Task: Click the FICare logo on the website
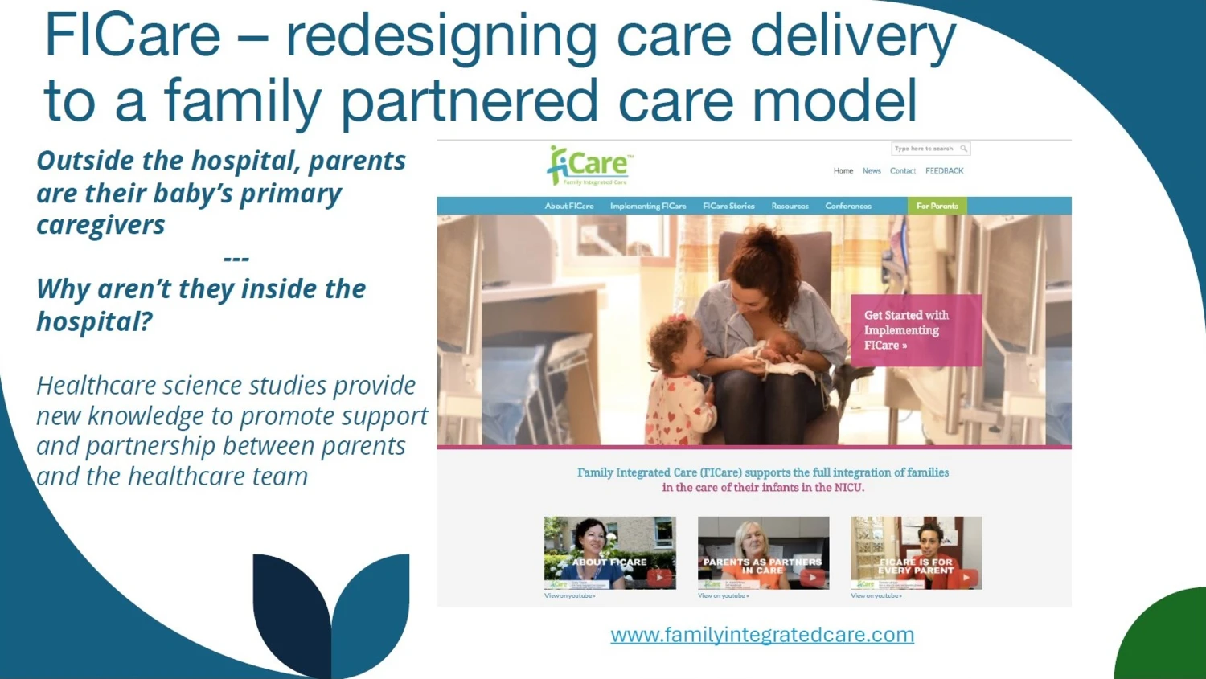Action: click(x=590, y=166)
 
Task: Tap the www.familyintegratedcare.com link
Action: click(x=762, y=635)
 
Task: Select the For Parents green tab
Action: click(x=937, y=207)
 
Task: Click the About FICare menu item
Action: click(x=569, y=207)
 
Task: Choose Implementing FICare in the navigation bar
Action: click(x=648, y=207)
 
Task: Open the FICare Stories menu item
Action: click(x=728, y=207)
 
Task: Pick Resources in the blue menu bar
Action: click(x=790, y=207)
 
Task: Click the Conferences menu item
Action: click(x=848, y=207)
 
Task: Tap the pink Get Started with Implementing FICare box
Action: click(x=917, y=330)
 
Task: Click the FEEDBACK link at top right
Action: click(x=944, y=171)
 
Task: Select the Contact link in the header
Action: click(x=902, y=171)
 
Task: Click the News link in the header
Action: click(x=872, y=171)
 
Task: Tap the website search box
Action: click(x=925, y=149)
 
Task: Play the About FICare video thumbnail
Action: click(x=610, y=553)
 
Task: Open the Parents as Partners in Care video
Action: click(x=763, y=553)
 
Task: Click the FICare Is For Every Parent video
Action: click(x=917, y=553)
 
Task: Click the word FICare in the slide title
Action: click(x=133, y=36)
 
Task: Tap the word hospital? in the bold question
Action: click(x=94, y=321)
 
